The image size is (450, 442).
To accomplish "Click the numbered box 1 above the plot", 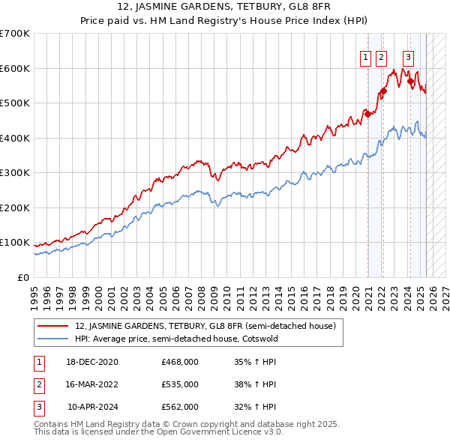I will tap(365, 56).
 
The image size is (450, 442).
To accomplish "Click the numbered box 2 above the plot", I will tap(380, 56).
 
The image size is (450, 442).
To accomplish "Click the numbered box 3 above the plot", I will tap(408, 56).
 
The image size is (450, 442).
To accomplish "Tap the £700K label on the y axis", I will tap(15, 34).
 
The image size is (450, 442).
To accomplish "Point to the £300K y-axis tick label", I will tap(15, 173).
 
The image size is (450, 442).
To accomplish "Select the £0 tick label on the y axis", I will tap(22, 277).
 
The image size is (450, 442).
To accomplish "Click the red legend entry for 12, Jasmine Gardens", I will tap(209, 326).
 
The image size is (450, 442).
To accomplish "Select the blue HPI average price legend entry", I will tap(186, 339).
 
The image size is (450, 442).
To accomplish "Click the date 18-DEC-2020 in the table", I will tap(92, 363).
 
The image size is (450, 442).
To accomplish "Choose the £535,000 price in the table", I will tap(180, 385).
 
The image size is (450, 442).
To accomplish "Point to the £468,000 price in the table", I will tap(180, 363).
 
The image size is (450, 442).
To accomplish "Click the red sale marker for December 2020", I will tap(367, 115).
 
